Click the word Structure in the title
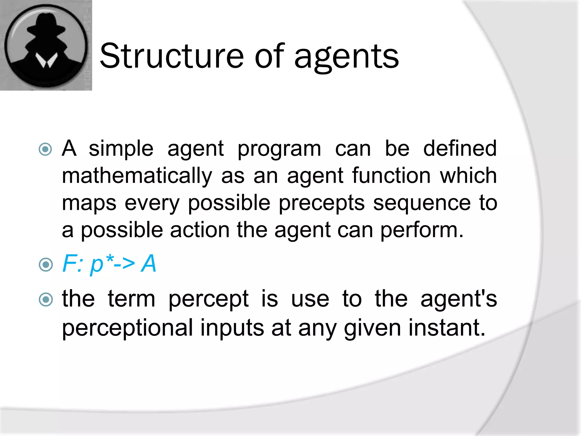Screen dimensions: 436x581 pyautogui.click(x=172, y=56)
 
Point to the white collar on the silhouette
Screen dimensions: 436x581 pyautogui.click(x=46, y=60)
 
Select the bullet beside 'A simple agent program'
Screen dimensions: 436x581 pyautogui.click(x=45, y=149)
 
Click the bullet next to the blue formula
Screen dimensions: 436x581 pyautogui.click(x=45, y=265)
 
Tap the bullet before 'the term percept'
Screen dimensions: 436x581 pyautogui.click(x=45, y=300)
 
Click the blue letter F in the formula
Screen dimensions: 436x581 pyautogui.click(x=70, y=263)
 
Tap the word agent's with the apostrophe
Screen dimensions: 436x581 pyautogui.click(x=459, y=300)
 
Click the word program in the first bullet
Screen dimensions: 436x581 pyautogui.click(x=279, y=149)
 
